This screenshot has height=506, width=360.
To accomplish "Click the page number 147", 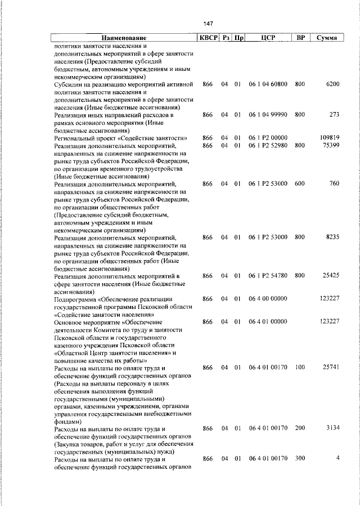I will pos(208,23).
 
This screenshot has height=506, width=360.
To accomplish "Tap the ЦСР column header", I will pos(268,38).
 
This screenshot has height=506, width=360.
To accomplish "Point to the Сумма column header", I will pos(327,38).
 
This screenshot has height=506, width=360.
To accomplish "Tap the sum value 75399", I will pos(331,145).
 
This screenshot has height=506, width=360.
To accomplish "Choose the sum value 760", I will pos(334,183).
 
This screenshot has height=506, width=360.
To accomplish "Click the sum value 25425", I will pos(331,275).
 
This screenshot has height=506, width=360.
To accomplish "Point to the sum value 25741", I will pos(331,367).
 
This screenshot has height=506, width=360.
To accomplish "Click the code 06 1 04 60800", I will pos(268,84).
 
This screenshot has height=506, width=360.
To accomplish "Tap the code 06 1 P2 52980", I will pos(268,145).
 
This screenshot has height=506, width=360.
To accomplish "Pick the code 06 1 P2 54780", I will pos(268,275).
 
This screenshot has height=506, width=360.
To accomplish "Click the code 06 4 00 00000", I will pos(268,298).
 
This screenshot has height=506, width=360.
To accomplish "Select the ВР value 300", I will pos(299,459).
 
